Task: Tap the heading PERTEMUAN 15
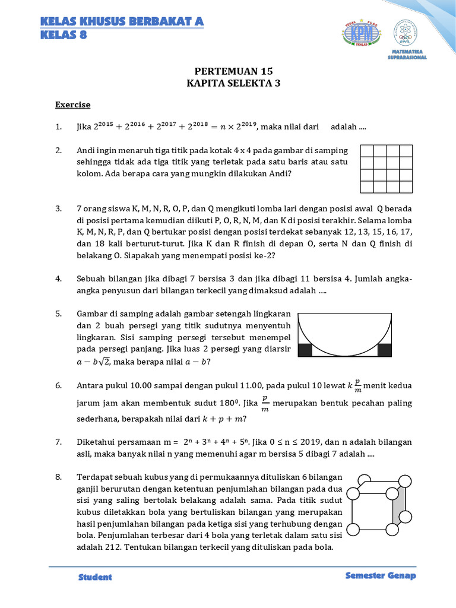click(229, 71)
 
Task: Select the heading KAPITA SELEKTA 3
click(229, 84)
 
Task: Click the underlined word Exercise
click(72, 104)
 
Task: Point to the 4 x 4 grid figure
click(386, 169)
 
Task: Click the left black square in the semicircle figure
click(305, 350)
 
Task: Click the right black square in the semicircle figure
click(384, 350)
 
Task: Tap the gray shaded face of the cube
click(399, 506)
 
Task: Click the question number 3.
click(59, 209)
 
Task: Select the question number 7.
click(59, 442)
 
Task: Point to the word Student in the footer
click(95, 577)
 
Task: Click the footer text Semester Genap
click(380, 577)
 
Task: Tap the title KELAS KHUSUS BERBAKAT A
click(122, 22)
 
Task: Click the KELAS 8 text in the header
click(64, 34)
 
